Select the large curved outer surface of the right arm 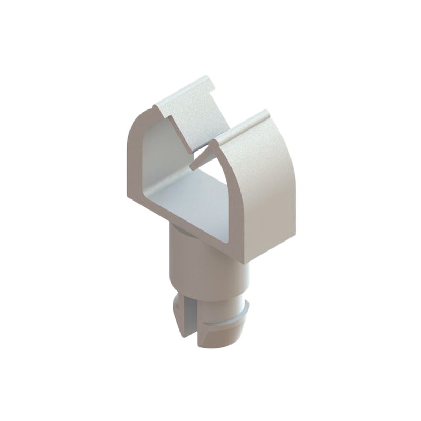click(268, 184)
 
